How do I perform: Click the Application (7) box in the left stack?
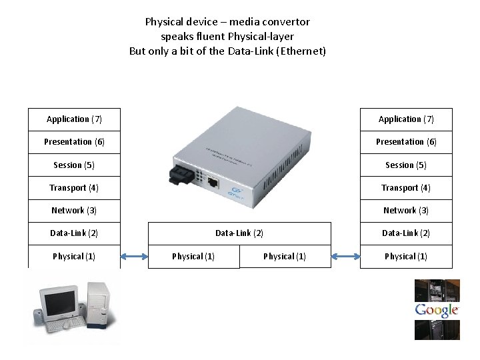pos(74,119)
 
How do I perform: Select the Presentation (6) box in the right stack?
pos(406,142)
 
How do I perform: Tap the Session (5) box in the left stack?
pos(74,165)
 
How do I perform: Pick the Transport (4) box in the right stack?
pos(406,188)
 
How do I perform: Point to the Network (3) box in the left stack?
pos(74,211)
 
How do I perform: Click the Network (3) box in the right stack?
pos(406,211)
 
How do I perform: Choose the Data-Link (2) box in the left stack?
pos(74,233)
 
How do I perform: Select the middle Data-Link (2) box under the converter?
pos(239,233)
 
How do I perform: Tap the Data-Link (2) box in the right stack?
pos(406,233)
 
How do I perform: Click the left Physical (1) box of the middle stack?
pos(193,257)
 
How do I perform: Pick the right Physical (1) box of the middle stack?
pos(285,257)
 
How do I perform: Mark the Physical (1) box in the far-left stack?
pos(74,257)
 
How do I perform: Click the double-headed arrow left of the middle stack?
pos(134,256)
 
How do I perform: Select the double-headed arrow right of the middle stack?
pos(345,256)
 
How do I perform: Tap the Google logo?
pos(437,310)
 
